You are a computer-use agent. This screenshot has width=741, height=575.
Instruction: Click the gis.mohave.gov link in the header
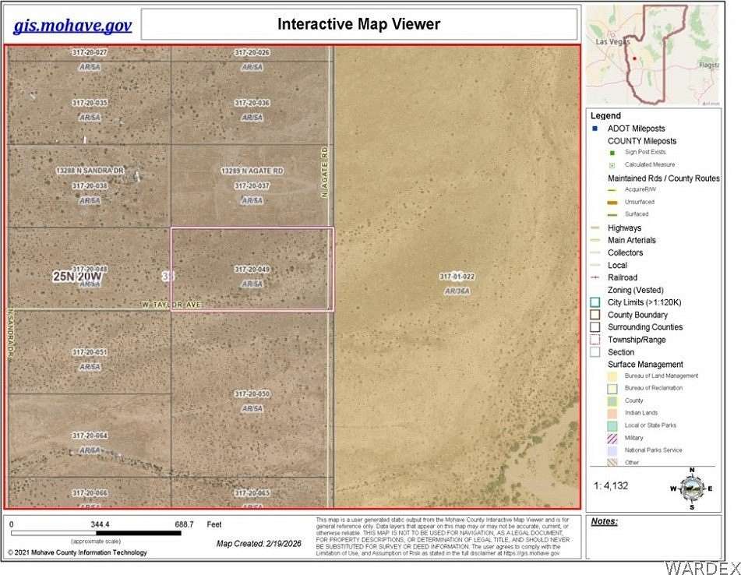[x=72, y=25]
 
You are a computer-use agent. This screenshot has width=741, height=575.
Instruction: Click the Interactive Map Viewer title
[x=358, y=24]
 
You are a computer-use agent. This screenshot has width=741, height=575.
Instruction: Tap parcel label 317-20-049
[x=252, y=270]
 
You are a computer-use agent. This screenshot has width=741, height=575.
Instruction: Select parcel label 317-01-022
[x=457, y=277]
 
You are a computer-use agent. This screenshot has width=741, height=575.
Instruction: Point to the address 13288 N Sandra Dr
[x=90, y=170]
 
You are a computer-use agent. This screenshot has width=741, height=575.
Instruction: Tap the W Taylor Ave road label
[x=171, y=304]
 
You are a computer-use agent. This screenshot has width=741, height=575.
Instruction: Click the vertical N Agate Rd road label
[x=325, y=171]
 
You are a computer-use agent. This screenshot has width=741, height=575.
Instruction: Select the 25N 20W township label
[x=78, y=277]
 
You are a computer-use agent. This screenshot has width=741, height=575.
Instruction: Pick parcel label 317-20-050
[x=252, y=394]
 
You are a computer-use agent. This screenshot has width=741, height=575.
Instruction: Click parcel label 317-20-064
[x=90, y=436]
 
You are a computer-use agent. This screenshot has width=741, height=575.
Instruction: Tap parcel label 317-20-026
[x=252, y=53]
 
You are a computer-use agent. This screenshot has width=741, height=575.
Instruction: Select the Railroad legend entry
[x=623, y=277]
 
